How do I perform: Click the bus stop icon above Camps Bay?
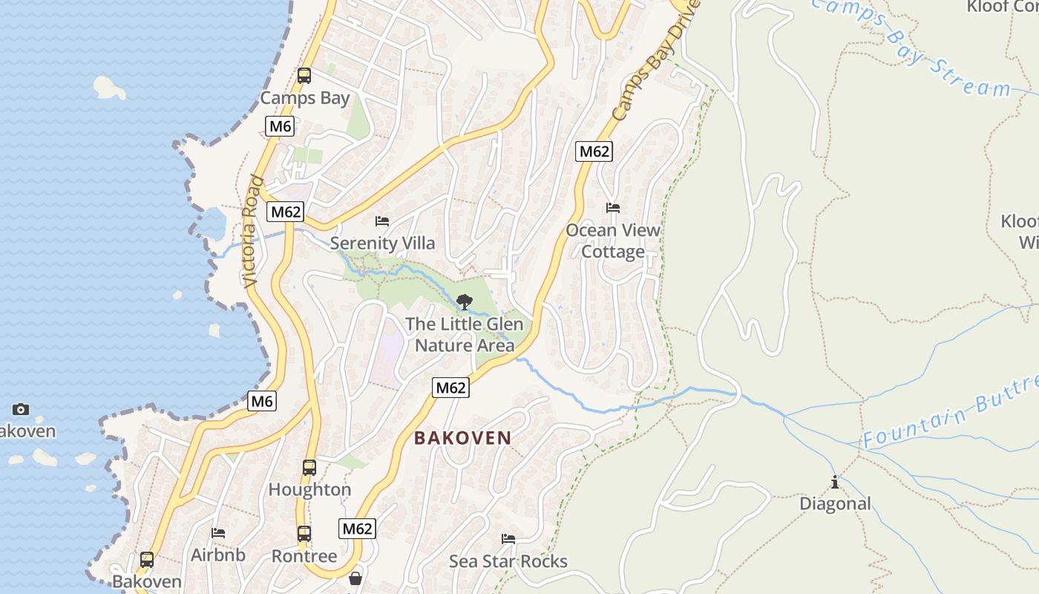pyautogui.click(x=304, y=75)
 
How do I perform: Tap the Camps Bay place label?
pyautogui.click(x=305, y=98)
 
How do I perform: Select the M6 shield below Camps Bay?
pyautogui.click(x=280, y=126)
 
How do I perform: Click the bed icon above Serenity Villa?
pyautogui.click(x=382, y=221)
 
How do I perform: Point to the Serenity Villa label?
pyautogui.click(x=382, y=243)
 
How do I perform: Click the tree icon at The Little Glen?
pyautogui.click(x=465, y=301)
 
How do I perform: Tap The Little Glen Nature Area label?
pyautogui.click(x=465, y=334)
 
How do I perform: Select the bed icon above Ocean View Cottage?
pyautogui.click(x=613, y=208)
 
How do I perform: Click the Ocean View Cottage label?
pyautogui.click(x=613, y=241)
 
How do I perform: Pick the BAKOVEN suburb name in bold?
pyautogui.click(x=463, y=438)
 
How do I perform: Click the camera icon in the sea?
pyautogui.click(x=21, y=409)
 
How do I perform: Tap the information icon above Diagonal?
pyautogui.click(x=835, y=482)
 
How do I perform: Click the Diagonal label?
pyautogui.click(x=835, y=503)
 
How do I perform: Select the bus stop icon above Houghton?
pyautogui.click(x=309, y=468)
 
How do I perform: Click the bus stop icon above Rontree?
pyautogui.click(x=304, y=533)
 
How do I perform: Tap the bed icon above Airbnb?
pyautogui.click(x=218, y=532)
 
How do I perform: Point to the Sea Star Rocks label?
pyautogui.click(x=508, y=561)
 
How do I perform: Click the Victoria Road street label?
pyautogui.click(x=252, y=231)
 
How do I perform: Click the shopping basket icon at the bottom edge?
pyautogui.click(x=355, y=578)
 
